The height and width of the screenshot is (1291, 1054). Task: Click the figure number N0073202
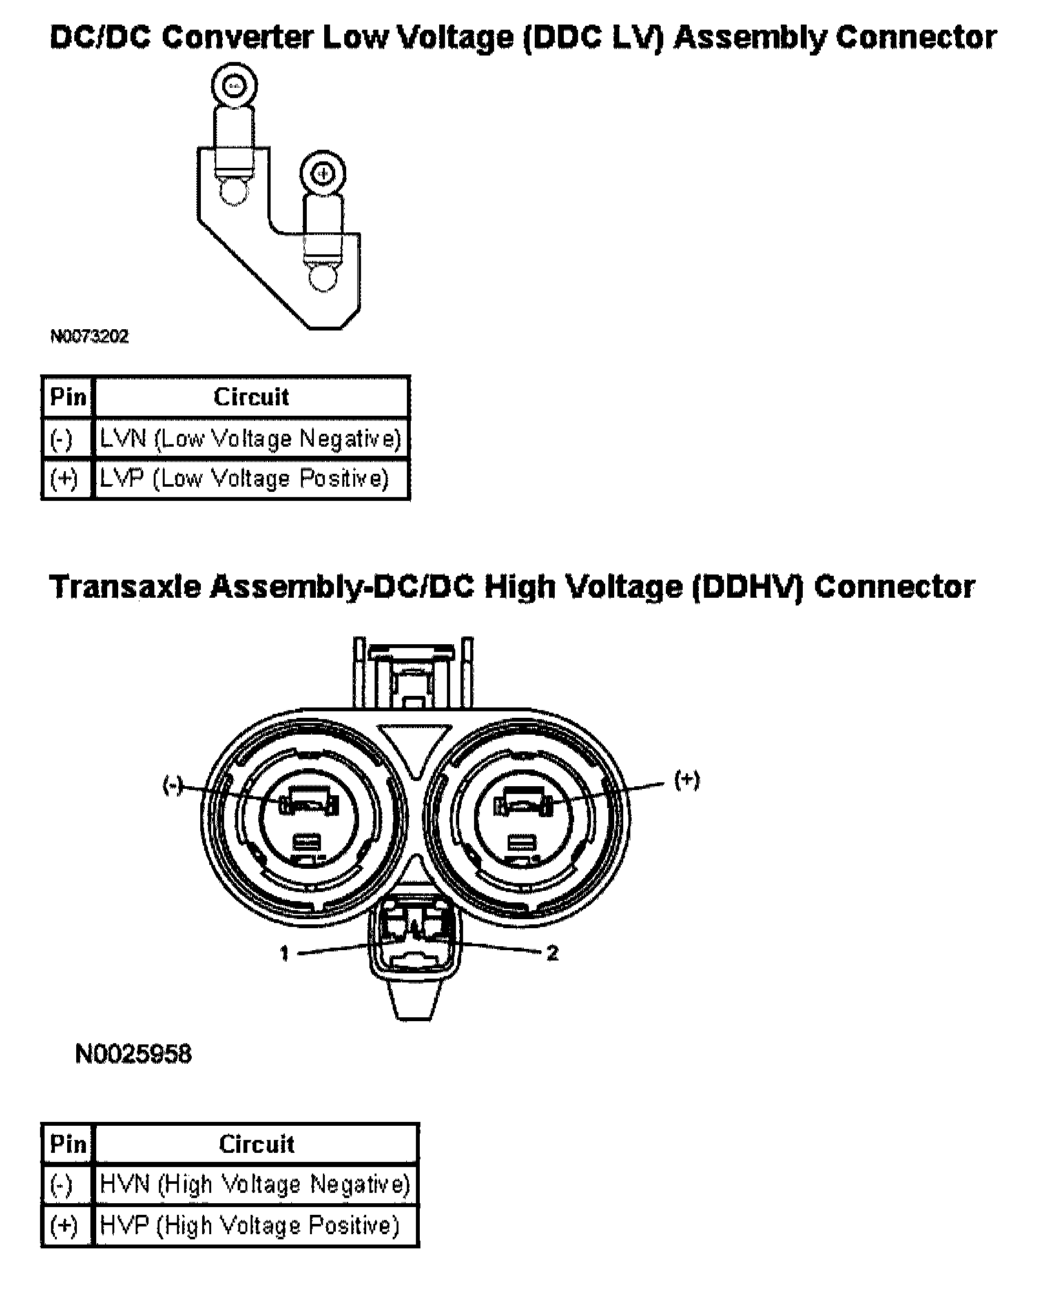click(89, 337)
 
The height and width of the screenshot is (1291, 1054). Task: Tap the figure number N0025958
click(133, 1054)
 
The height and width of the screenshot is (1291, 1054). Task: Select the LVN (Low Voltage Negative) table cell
click(251, 439)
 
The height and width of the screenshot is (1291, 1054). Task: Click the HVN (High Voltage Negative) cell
click(255, 1184)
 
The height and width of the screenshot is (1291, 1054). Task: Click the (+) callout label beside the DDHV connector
click(687, 780)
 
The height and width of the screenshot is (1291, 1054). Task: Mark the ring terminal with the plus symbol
click(323, 174)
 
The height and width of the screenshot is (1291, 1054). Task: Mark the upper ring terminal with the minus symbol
click(234, 85)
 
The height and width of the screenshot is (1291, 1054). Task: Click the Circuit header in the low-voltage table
click(251, 397)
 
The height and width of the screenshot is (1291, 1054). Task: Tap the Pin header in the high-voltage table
click(68, 1144)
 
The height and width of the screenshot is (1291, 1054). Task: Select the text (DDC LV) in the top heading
click(594, 38)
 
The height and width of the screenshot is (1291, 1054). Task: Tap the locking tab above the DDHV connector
click(413, 675)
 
